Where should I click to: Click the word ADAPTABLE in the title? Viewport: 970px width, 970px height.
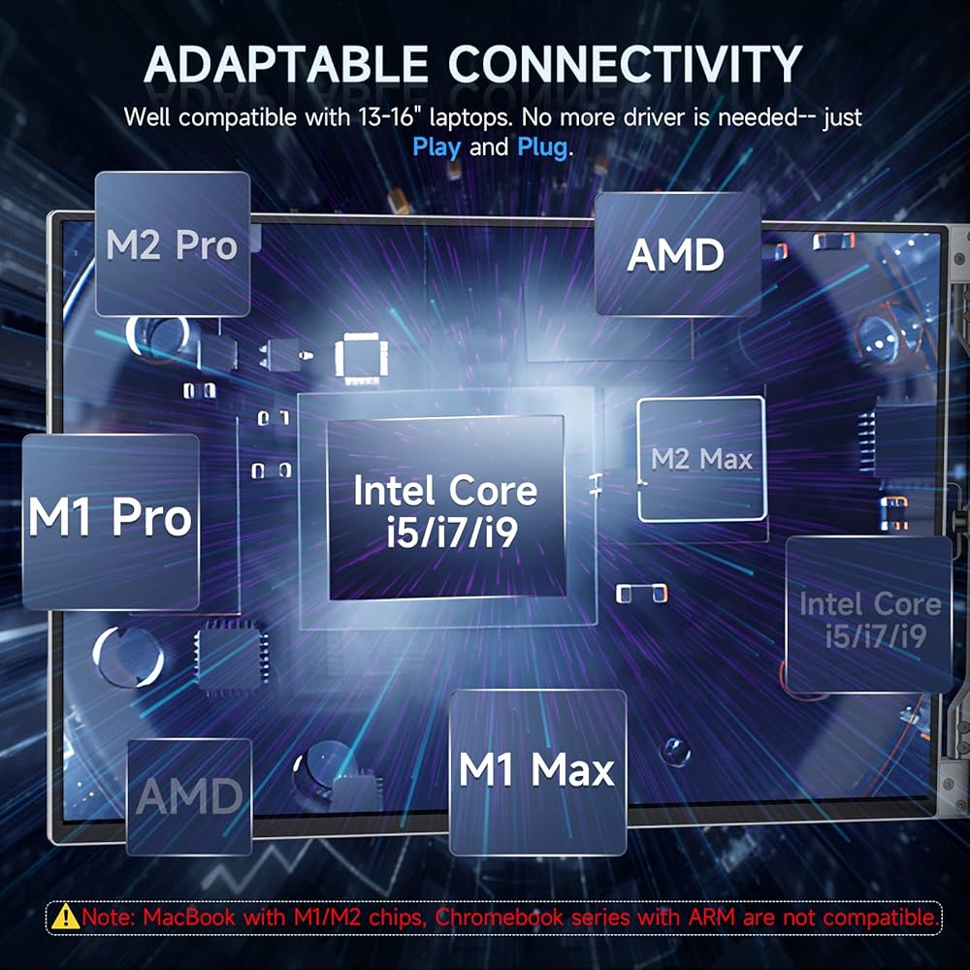(286, 64)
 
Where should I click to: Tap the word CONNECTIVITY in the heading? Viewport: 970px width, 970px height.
(625, 64)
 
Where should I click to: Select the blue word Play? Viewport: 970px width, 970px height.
(436, 147)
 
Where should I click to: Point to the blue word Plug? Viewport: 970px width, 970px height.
(542, 147)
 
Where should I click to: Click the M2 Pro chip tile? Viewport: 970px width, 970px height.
(173, 243)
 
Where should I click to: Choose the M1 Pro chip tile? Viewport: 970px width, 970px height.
(111, 522)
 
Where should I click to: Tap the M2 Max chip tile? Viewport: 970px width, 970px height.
(701, 459)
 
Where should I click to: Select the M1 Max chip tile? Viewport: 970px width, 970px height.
(537, 771)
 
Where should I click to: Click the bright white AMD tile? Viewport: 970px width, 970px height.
(677, 254)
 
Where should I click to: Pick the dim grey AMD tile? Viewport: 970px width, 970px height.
(189, 796)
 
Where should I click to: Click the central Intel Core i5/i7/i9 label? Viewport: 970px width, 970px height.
(446, 511)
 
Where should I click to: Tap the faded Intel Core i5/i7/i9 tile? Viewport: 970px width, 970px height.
(869, 614)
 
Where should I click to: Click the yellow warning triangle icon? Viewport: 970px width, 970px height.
(65, 917)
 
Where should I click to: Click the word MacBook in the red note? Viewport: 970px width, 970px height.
(189, 917)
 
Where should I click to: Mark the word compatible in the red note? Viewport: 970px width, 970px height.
(881, 918)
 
